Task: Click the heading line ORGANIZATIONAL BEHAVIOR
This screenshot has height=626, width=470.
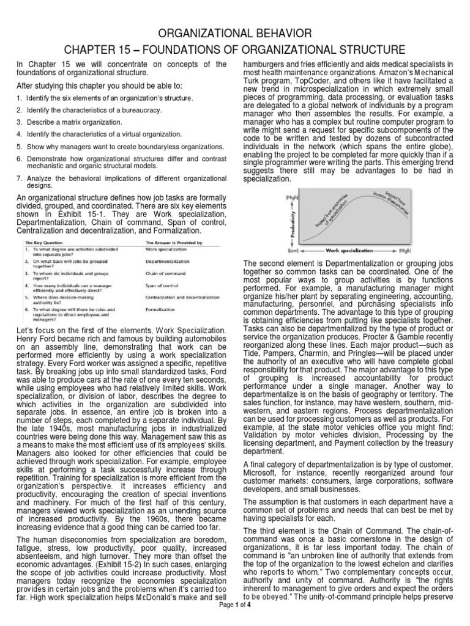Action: pyautogui.click(x=234, y=32)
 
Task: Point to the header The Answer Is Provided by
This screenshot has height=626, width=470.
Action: pyautogui.click(x=171, y=243)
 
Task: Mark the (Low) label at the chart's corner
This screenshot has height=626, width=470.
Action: pyautogui.click(x=293, y=251)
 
